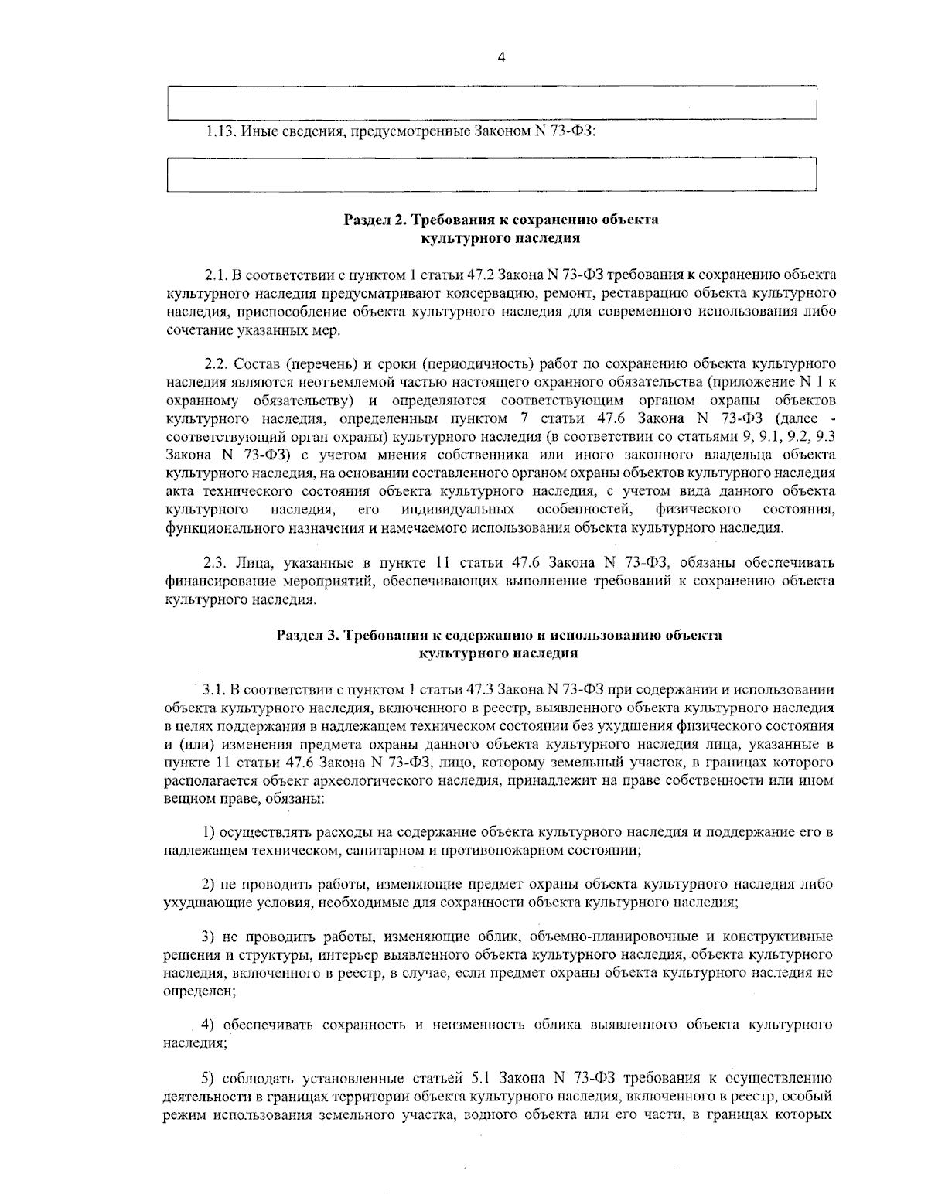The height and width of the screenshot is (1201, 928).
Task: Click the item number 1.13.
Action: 221,131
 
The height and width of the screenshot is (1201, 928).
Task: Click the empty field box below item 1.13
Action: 492,174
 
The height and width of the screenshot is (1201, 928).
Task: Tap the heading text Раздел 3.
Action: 308,636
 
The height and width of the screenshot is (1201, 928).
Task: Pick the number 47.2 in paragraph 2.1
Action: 482,275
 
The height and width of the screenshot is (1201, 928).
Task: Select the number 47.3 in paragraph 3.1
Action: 482,688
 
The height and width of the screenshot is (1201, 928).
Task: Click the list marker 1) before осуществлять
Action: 208,832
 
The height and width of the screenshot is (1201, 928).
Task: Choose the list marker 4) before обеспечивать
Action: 208,1025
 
